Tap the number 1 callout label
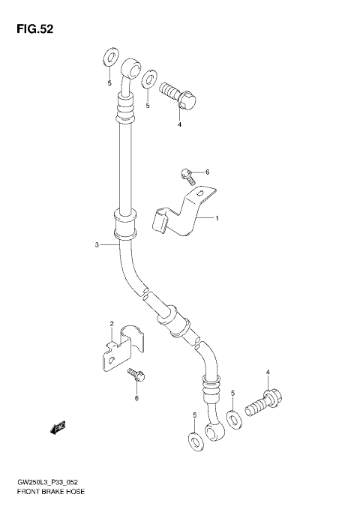coord(217,219)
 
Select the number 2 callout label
coord(111,324)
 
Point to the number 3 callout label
coord(97,244)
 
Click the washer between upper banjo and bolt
coord(150,78)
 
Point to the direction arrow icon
coord(58,428)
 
